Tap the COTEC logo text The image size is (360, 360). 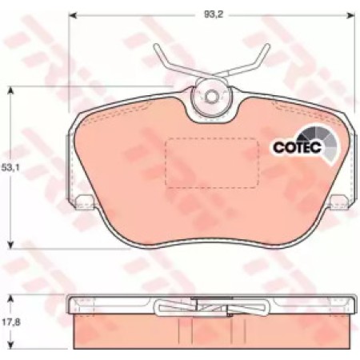[298, 147]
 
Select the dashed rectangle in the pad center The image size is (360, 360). [212, 162]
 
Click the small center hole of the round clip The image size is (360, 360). [211, 97]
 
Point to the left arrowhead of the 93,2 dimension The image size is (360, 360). [73, 15]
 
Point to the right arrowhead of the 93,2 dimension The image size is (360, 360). [350, 15]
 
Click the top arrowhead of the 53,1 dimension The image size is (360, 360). [10, 90]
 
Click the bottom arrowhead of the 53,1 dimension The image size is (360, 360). [10, 245]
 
